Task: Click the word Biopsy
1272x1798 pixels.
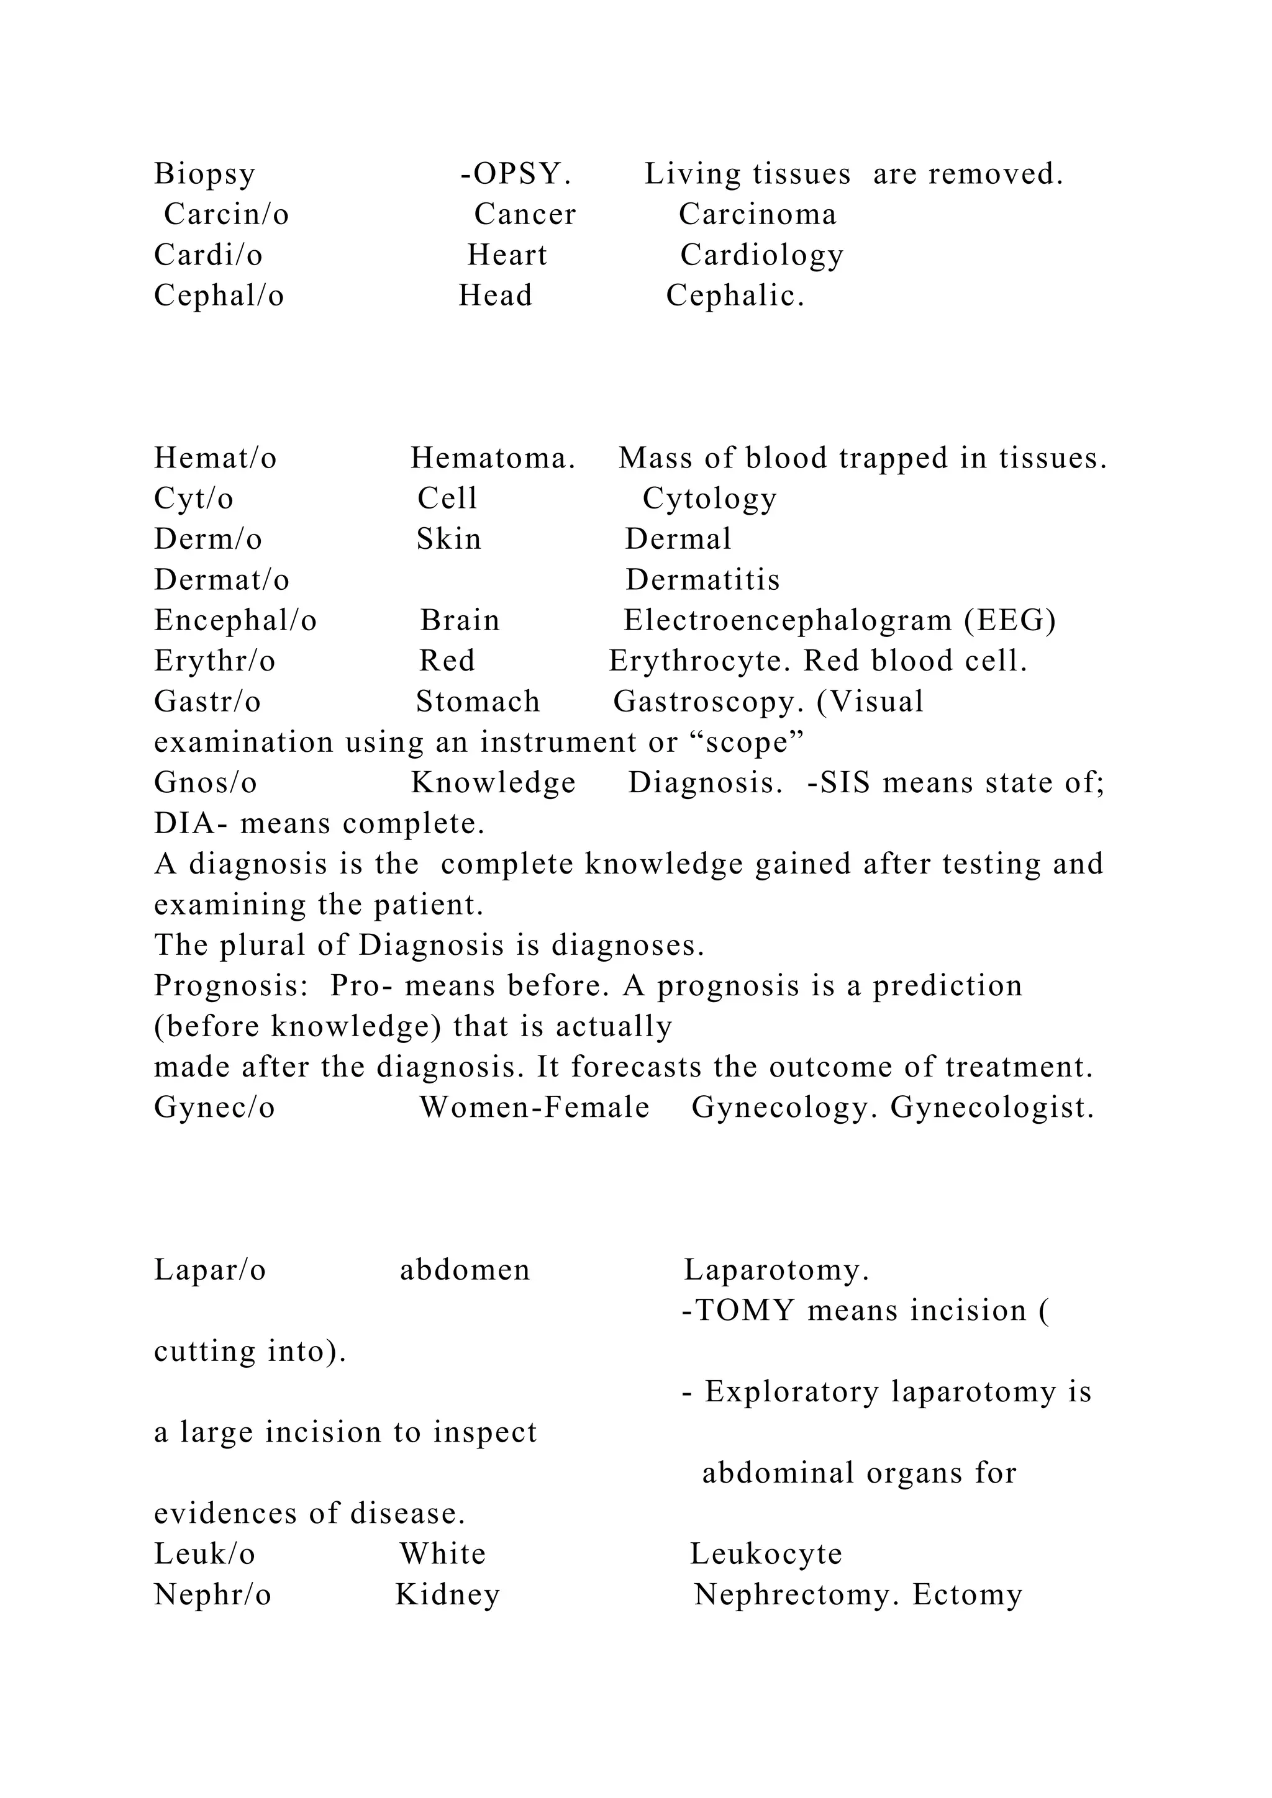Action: click(x=204, y=174)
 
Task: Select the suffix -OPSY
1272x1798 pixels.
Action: click(x=516, y=174)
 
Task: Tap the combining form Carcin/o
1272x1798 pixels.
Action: click(x=226, y=215)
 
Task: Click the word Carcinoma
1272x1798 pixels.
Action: click(x=757, y=215)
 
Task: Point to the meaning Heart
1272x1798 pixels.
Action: click(x=507, y=255)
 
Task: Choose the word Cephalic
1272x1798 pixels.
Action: click(x=735, y=296)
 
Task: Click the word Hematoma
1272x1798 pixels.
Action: click(x=493, y=458)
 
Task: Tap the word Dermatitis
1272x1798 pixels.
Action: click(x=702, y=581)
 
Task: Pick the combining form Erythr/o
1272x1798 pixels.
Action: click(x=215, y=662)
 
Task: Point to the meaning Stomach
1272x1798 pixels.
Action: click(x=478, y=702)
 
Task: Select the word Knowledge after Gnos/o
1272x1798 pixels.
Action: click(x=493, y=783)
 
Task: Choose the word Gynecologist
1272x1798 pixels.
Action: click(x=992, y=1108)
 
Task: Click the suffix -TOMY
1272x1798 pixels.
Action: click(x=738, y=1311)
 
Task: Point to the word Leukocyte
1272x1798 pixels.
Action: click(x=765, y=1555)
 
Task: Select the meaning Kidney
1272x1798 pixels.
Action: click(x=447, y=1595)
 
